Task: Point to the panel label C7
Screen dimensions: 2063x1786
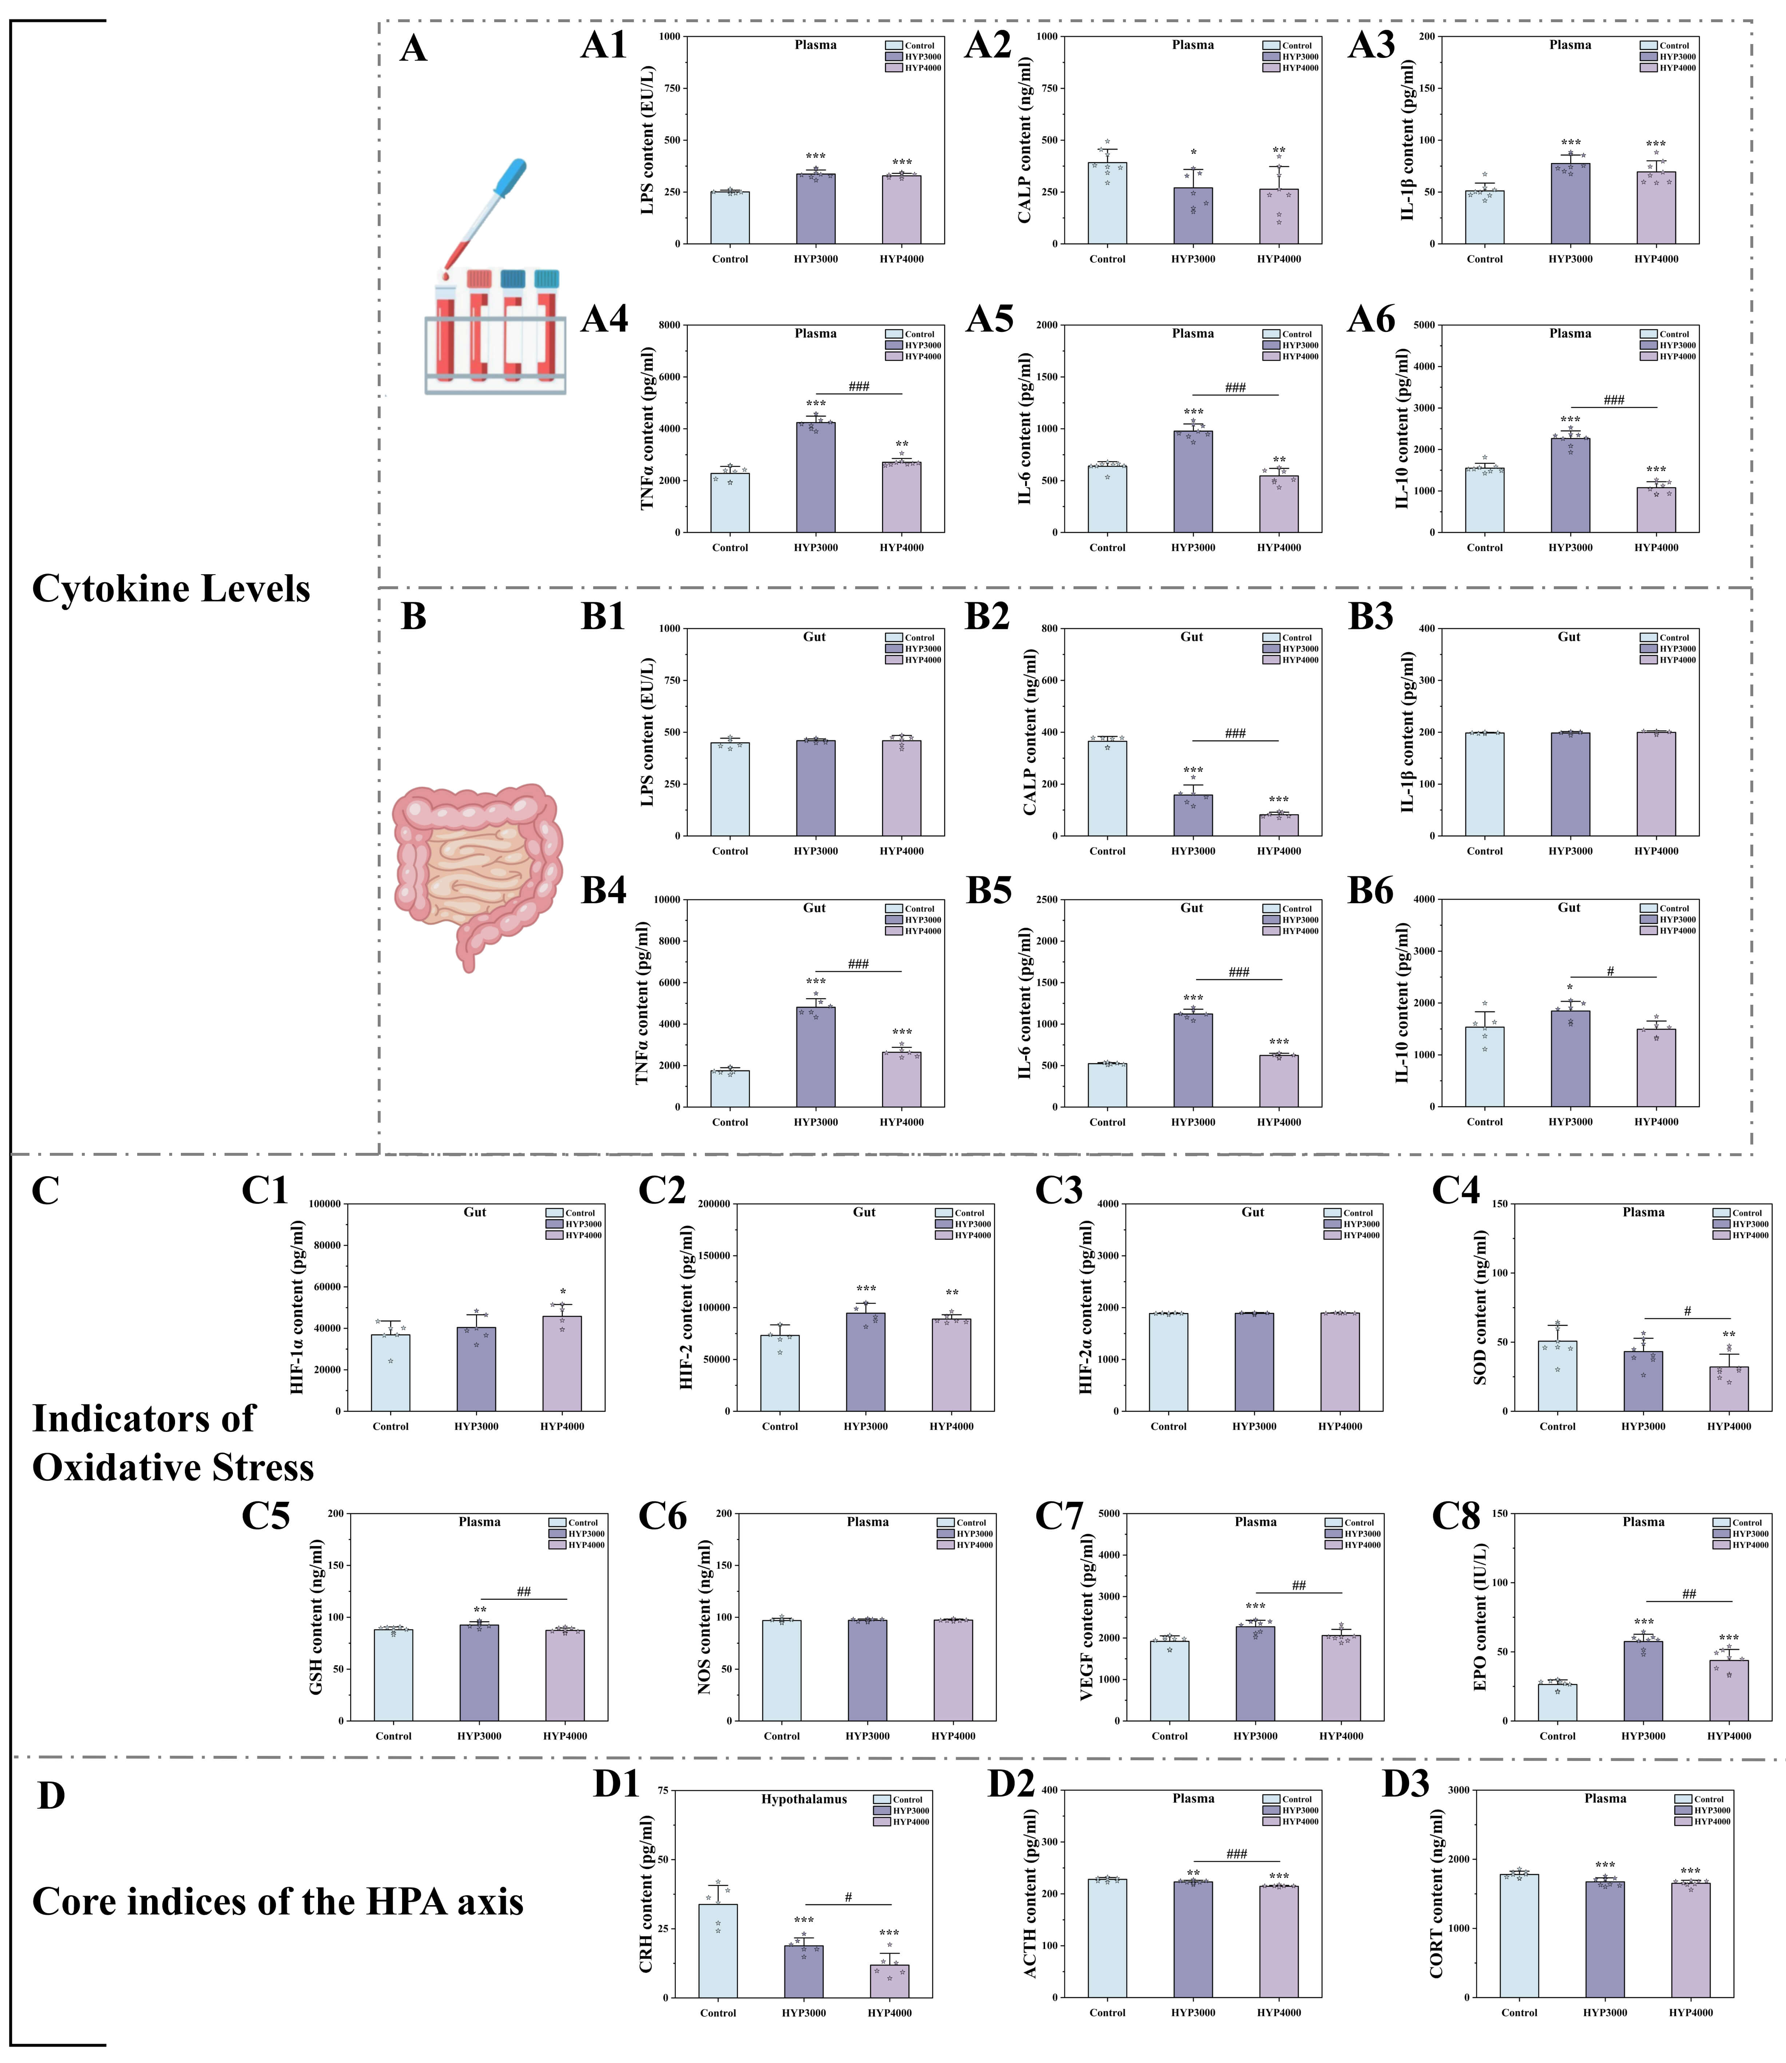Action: [x=1059, y=1516]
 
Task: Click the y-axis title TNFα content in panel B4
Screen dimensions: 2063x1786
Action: [x=643, y=1003]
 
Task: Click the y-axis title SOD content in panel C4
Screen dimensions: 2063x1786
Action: [x=1480, y=1306]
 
